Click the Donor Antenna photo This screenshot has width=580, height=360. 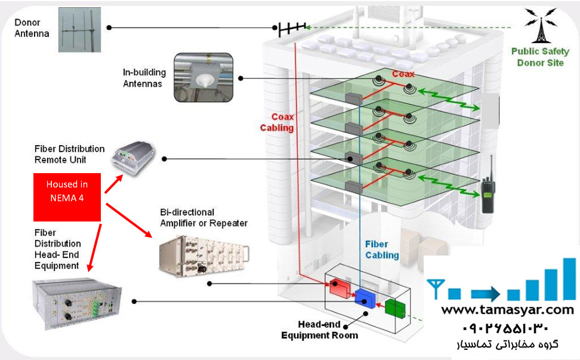click(81, 29)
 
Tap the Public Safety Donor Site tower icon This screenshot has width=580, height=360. click(539, 26)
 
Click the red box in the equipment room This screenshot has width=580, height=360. click(341, 289)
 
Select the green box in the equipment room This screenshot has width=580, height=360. click(394, 308)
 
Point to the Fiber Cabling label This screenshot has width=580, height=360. click(382, 250)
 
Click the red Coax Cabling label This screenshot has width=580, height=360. click(277, 122)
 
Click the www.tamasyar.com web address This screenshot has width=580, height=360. click(507, 310)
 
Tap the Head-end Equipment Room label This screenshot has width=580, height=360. click(320, 330)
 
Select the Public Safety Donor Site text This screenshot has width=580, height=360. click(539, 57)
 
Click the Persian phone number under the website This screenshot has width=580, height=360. click(505, 328)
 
